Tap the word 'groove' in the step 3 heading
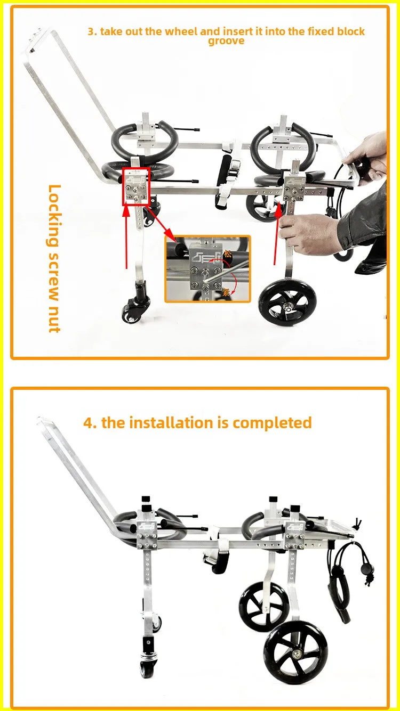[x=226, y=41]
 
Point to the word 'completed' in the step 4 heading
[x=272, y=423]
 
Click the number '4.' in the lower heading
[x=90, y=423]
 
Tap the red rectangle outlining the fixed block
[x=137, y=186]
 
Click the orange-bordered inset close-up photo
[x=207, y=268]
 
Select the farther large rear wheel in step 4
[x=260, y=608]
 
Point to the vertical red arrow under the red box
[x=126, y=238]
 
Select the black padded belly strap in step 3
[x=224, y=183]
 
